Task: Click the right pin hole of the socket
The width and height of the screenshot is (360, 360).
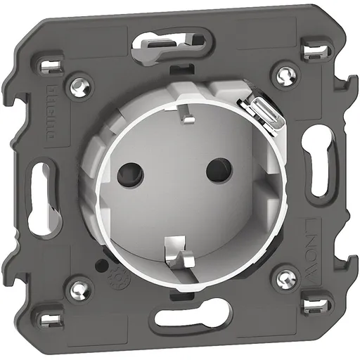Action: [x=216, y=169]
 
